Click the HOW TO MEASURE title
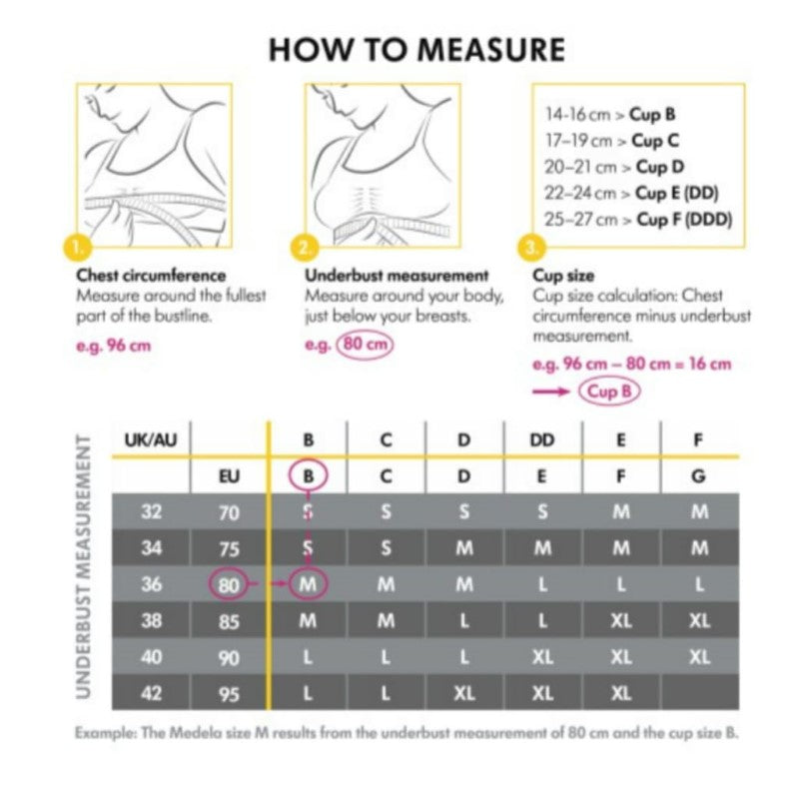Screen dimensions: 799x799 415,49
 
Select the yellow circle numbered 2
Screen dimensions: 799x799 306,246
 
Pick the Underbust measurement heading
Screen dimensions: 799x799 397,275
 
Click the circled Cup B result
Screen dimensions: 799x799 608,392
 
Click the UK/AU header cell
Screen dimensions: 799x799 152,439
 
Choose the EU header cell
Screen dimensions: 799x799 229,476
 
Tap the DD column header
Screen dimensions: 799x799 542,439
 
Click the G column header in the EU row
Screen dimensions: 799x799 699,476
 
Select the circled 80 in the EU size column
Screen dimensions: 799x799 230,584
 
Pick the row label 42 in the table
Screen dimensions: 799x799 151,691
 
